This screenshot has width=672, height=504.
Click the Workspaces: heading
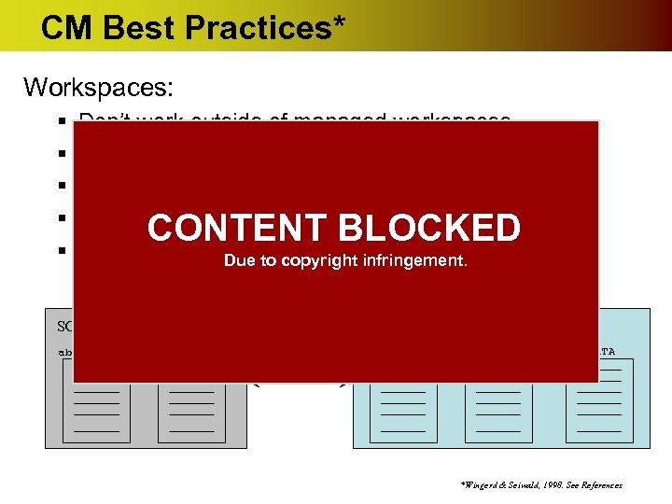click(x=98, y=88)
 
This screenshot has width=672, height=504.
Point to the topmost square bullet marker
click(x=59, y=122)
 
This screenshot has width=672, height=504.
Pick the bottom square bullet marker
click(x=59, y=250)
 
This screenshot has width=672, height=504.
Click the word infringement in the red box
click(x=412, y=261)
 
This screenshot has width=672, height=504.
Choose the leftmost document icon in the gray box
click(x=96, y=412)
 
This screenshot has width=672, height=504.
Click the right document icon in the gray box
click(x=190, y=412)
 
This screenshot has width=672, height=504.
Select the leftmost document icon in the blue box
click(x=403, y=412)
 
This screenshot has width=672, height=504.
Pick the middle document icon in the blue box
click(x=498, y=412)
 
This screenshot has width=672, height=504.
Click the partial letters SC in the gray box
click(x=64, y=327)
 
